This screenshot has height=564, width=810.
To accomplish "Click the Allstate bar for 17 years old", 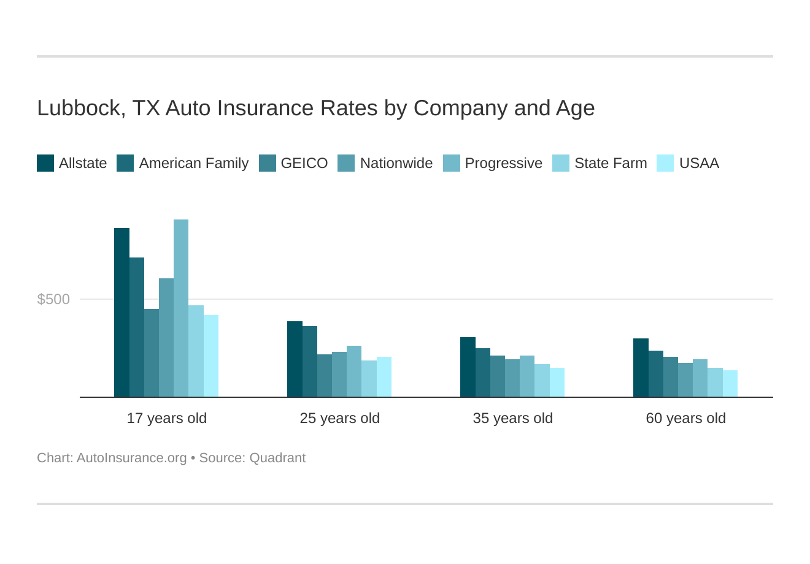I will pos(121,313).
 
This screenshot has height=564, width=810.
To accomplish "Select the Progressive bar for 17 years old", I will pos(181,308).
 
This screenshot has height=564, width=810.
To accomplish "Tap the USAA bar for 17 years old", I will pos(211,356).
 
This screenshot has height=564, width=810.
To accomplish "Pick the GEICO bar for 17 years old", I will pos(152,353).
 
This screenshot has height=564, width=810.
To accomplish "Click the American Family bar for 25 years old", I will pos(310,362).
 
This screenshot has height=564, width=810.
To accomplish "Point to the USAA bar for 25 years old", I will pos(384,377).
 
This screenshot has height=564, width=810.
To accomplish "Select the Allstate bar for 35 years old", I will pos(468,367).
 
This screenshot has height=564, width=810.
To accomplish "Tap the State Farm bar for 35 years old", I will pos(542,381).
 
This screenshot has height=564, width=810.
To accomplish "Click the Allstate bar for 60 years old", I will pos(641,368).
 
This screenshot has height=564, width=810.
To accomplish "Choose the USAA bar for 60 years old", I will pos(730,384).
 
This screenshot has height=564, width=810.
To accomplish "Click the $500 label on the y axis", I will pos(54,299).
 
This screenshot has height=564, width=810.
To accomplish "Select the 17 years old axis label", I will pos(167,418).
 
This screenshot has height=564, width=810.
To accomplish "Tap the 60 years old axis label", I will pos(686,418).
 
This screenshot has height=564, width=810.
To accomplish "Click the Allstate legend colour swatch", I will pos(45,163).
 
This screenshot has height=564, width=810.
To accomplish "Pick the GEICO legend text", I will pos(304,163).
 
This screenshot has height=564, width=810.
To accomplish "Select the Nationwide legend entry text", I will pos(396,163).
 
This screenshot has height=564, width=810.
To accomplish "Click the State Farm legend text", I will pos(611,163).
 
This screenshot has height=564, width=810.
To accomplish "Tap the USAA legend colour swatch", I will pos(665,163).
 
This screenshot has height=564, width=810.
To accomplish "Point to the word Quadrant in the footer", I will pos(277,458).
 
